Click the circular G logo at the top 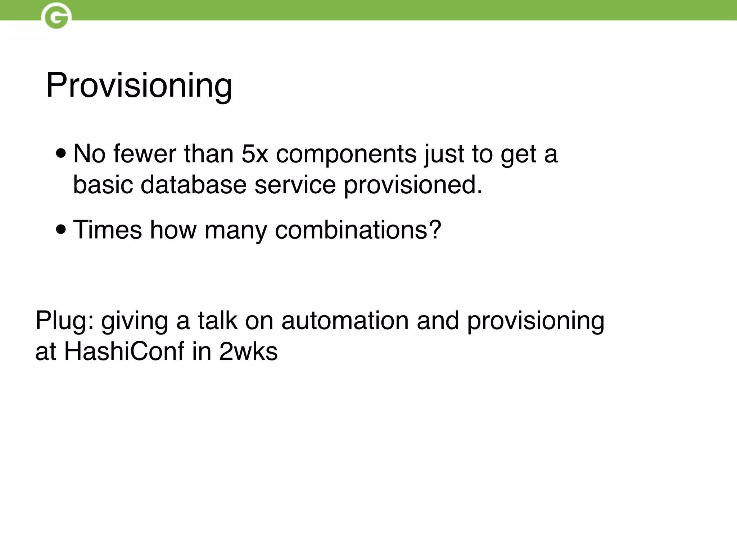click(x=56, y=16)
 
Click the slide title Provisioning click(x=139, y=86)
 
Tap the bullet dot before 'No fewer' click(x=61, y=154)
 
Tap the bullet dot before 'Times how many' click(x=61, y=230)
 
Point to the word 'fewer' click(x=144, y=154)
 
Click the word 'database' click(x=193, y=185)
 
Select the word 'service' click(x=295, y=185)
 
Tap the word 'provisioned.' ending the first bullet click(x=413, y=185)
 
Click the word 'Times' click(x=107, y=230)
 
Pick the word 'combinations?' click(x=358, y=230)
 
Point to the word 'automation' click(x=345, y=320)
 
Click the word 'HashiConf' click(x=124, y=351)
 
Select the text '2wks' click(x=248, y=351)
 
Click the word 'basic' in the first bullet click(x=103, y=185)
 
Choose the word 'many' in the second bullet click(x=235, y=230)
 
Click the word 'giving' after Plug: click(x=134, y=321)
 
